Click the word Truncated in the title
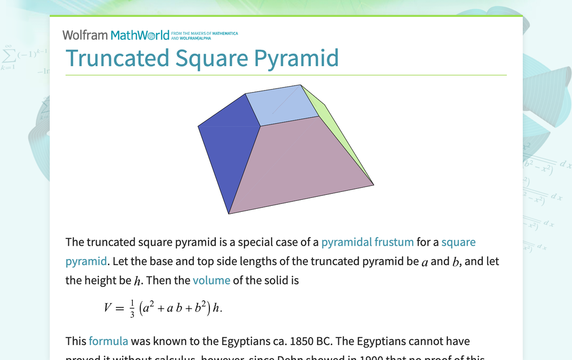coord(117,58)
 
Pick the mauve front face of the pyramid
coord(298,164)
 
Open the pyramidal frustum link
coord(367,242)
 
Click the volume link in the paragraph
coord(211,280)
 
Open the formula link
coord(108,341)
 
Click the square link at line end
coord(458,242)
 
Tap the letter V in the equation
coord(108,308)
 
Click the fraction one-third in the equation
coord(132,308)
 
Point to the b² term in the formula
coord(200,308)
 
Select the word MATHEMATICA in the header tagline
coord(223,34)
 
